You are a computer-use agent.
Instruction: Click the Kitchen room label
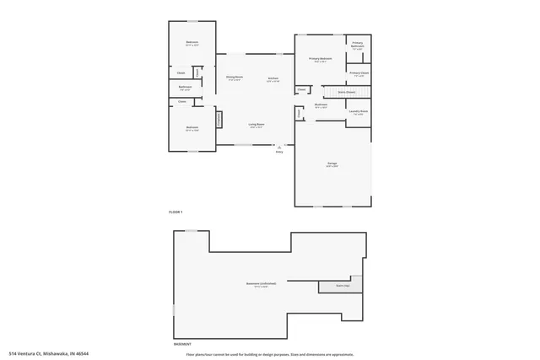(273, 78)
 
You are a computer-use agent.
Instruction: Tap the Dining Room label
(234, 78)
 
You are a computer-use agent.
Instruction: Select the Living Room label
(256, 126)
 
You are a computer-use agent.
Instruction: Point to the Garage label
(332, 165)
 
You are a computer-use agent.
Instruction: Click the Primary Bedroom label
(320, 60)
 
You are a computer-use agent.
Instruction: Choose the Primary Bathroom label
(357, 45)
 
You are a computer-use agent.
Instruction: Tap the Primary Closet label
(359, 74)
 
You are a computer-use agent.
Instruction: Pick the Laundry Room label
(358, 112)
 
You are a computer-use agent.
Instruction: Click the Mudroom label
(321, 106)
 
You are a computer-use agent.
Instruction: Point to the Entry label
(279, 152)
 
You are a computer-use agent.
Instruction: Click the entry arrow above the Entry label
(279, 146)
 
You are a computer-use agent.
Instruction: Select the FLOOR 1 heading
(175, 211)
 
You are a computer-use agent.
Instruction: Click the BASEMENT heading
(182, 344)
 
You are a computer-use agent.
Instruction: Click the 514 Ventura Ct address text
(49, 353)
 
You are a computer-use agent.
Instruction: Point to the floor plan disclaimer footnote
(270, 353)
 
